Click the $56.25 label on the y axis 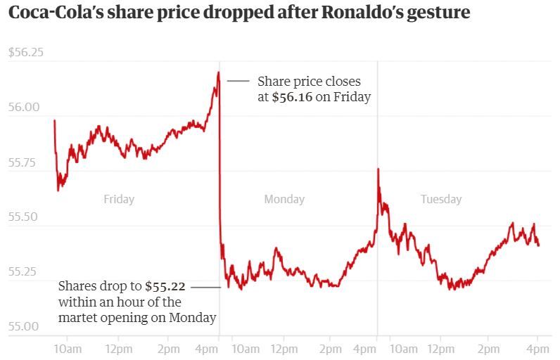[x=26, y=53]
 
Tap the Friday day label [x=119, y=199]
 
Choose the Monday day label [x=284, y=199]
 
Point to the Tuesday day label [x=441, y=199]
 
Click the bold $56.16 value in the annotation [x=292, y=97]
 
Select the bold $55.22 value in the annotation [x=165, y=286]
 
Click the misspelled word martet [x=77, y=318]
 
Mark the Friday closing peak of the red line [x=218, y=72]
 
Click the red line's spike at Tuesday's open [x=378, y=169]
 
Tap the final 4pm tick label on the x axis [x=537, y=349]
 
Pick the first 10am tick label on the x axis [x=68, y=349]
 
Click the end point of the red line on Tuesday [x=539, y=245]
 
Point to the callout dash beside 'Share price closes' [x=238, y=81]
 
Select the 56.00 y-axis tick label [x=24, y=107]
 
